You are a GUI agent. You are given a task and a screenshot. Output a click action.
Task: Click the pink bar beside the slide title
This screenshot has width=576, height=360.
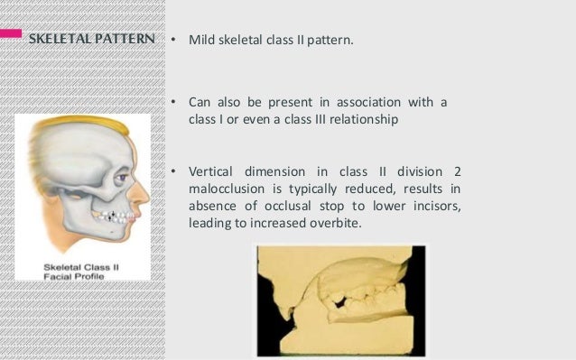(11, 33)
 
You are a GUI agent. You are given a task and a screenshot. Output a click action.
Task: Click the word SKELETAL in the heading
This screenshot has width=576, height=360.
(56, 41)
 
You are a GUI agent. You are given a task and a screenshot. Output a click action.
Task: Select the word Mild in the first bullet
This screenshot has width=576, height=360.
(200, 41)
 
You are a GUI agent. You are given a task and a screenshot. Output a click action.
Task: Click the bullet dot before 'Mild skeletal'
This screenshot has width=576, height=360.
(174, 41)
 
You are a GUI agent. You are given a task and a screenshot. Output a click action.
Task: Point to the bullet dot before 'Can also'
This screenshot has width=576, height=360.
(174, 102)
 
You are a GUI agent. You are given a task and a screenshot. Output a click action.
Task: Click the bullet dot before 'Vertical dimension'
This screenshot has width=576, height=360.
(174, 171)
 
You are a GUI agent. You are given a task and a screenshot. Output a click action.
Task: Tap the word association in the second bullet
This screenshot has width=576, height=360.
(370, 102)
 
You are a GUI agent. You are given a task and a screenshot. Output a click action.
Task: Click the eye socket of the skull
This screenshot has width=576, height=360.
(116, 180)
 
